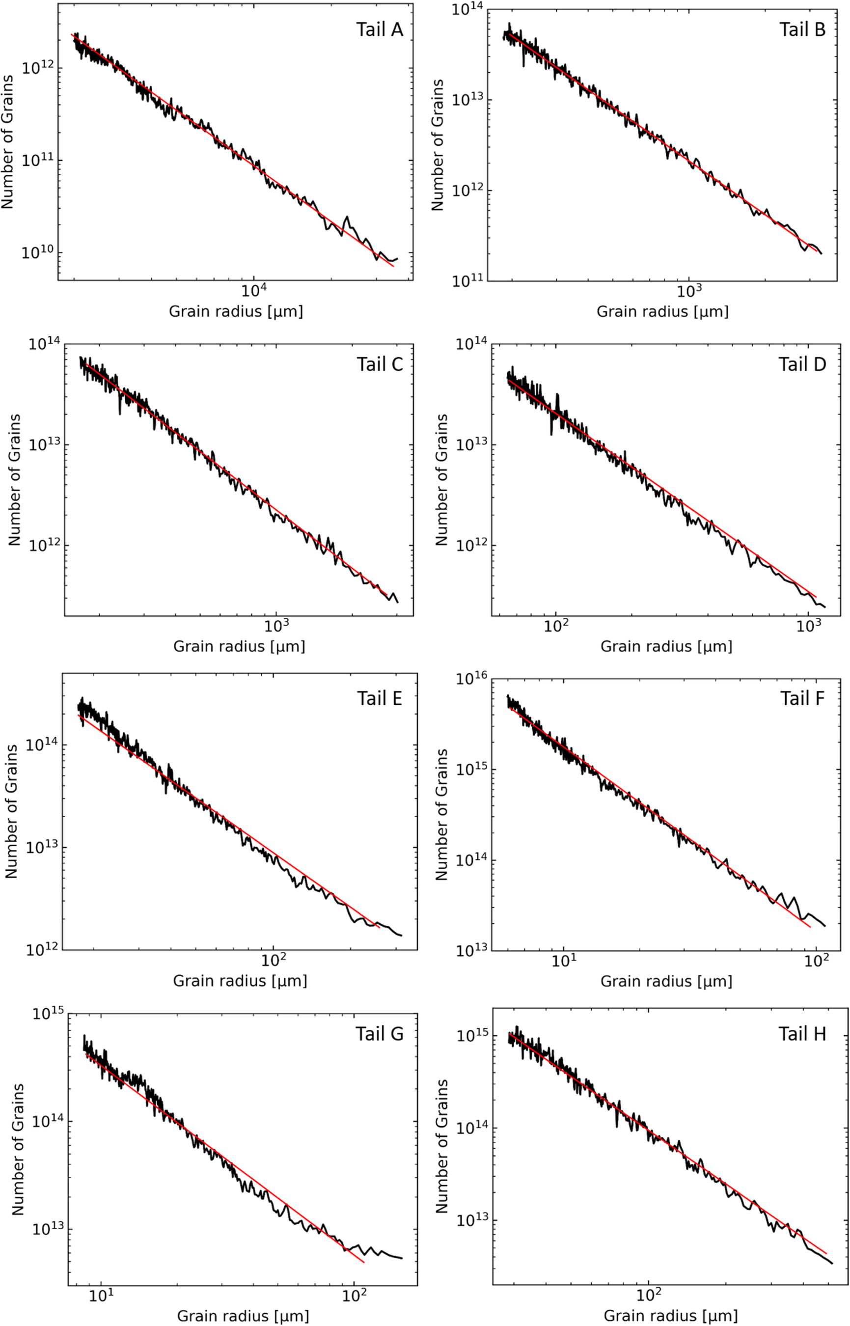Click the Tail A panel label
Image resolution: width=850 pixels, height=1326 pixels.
[x=379, y=29]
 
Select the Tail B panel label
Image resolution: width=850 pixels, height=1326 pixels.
[x=802, y=29]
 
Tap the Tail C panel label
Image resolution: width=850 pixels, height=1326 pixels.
[x=380, y=364]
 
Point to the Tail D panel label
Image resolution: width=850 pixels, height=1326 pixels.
[x=802, y=364]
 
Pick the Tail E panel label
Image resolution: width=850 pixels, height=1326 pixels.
[x=379, y=698]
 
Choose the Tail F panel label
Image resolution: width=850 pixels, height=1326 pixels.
[x=802, y=698]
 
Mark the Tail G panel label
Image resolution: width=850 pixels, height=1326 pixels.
[x=380, y=1033]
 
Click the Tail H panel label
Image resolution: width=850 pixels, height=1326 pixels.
[x=802, y=1033]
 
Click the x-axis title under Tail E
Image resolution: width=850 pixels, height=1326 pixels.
[x=240, y=980]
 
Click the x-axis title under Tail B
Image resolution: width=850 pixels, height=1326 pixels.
[x=662, y=311]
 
